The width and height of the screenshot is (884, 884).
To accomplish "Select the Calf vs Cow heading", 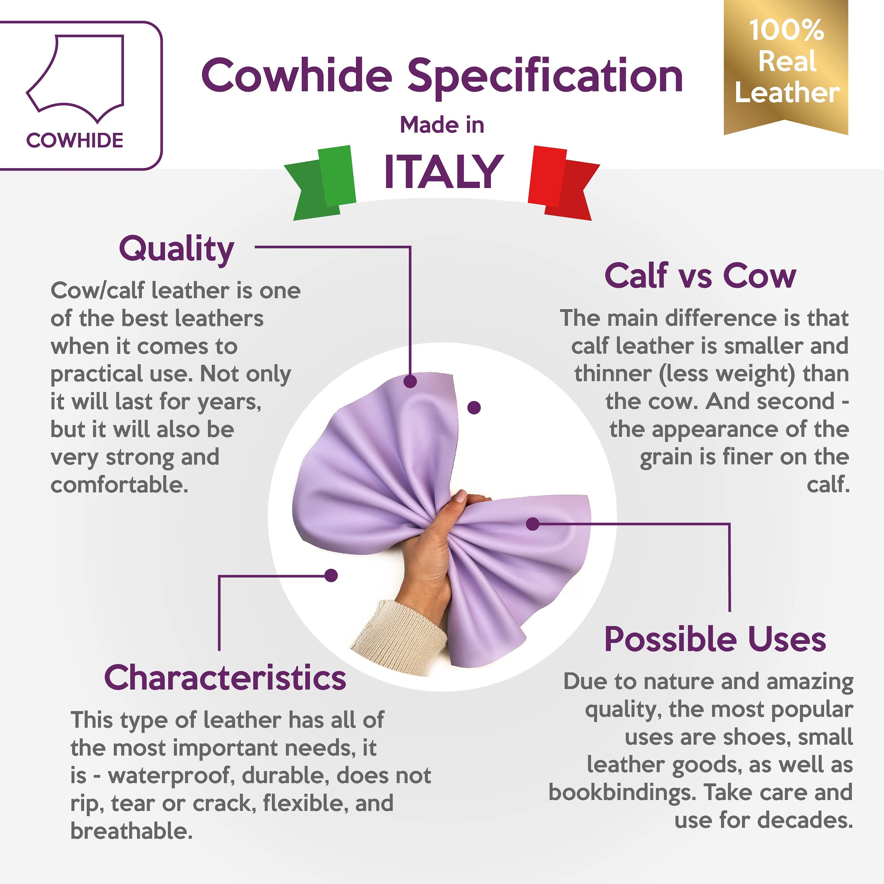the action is (x=700, y=276).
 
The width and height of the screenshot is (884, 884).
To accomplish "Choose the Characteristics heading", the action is (x=225, y=678).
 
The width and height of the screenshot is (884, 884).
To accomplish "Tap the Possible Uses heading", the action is (x=715, y=639).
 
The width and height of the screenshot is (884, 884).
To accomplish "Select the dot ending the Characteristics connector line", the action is (x=331, y=575).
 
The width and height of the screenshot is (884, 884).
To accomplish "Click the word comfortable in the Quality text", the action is (x=119, y=485).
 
